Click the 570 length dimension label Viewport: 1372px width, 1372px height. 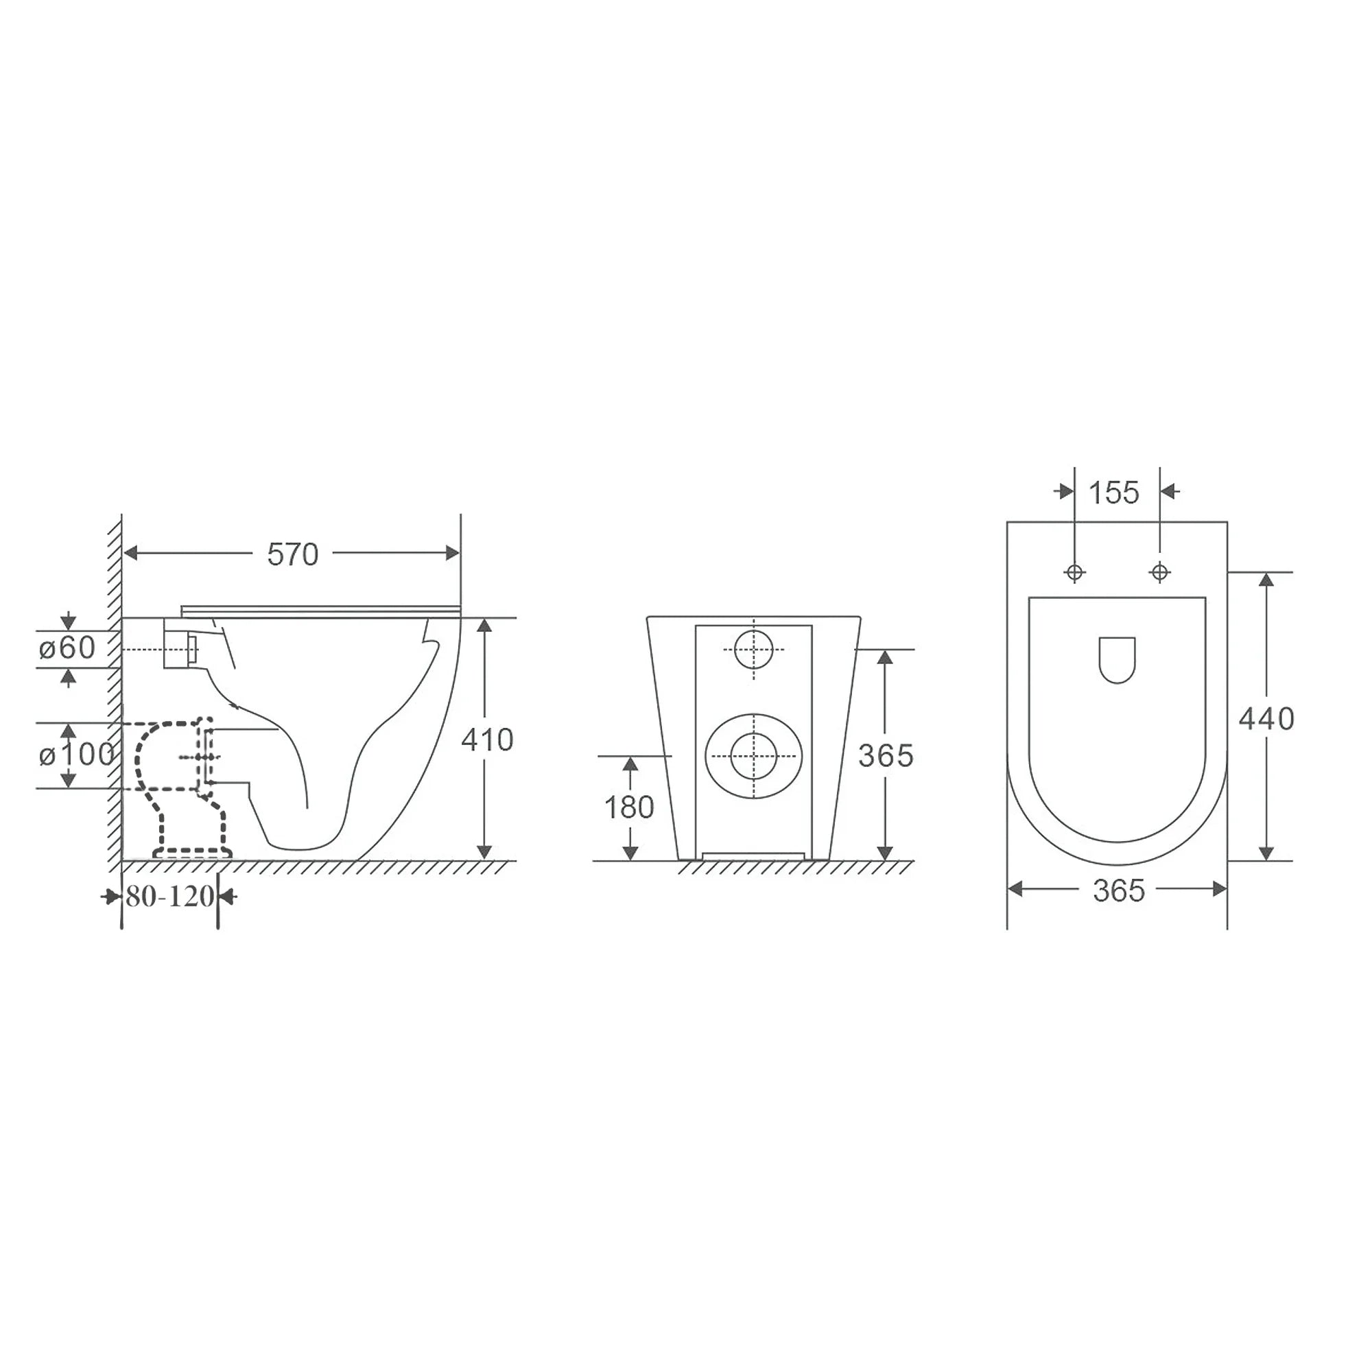point(293,554)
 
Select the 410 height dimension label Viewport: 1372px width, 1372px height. point(487,740)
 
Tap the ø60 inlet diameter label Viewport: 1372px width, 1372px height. point(67,648)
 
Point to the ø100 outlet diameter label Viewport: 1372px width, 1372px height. point(76,754)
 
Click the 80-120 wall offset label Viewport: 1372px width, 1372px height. point(169,897)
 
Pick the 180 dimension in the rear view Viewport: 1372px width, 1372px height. point(629,807)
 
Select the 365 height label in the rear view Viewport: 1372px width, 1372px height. point(886,756)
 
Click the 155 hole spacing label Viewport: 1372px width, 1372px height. point(1113,493)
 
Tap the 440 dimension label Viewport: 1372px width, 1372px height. point(1266,720)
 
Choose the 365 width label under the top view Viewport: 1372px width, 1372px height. point(1118,891)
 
